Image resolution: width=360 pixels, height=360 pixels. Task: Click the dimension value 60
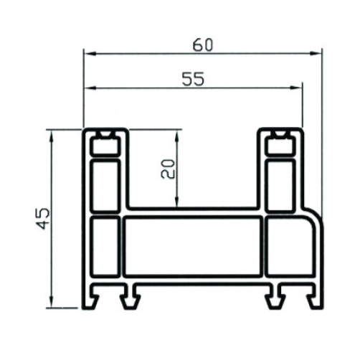203,45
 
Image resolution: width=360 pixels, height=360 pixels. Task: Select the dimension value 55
193,79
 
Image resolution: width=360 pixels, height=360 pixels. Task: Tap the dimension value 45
44,219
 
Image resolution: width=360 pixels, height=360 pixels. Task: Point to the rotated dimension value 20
168,169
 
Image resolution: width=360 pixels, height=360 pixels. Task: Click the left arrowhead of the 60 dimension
90,54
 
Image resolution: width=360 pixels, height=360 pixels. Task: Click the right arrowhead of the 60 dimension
315,54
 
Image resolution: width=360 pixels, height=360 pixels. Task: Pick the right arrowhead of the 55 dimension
295,88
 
